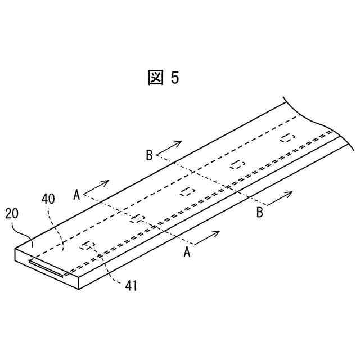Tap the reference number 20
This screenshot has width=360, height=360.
13,214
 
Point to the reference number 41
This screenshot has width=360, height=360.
131,285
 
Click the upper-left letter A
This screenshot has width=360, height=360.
76,195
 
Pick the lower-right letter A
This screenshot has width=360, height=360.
188,253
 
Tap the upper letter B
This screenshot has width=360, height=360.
149,155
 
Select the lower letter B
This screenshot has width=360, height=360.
259,212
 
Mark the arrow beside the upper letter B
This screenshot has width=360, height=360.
171,146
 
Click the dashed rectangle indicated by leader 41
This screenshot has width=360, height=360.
87,245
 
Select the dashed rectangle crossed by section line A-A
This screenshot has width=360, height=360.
137,218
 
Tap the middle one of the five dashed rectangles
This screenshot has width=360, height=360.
187,191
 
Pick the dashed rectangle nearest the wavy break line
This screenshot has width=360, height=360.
287,138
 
